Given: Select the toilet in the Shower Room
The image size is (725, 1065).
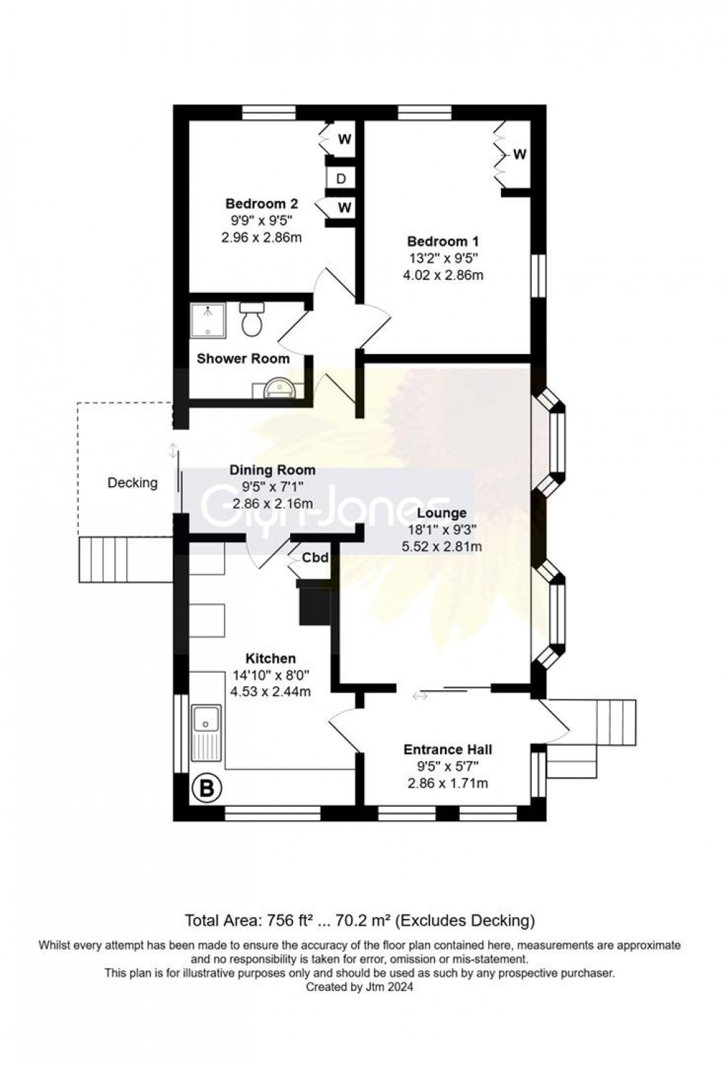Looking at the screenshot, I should click(252, 319).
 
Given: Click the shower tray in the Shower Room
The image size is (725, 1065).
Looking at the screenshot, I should click(208, 321).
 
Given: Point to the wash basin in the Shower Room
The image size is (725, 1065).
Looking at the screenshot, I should click(277, 388).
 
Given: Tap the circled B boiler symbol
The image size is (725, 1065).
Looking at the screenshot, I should click(207, 788).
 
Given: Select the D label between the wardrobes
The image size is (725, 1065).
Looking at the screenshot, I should click(340, 178).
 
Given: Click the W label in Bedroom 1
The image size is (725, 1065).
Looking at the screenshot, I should click(520, 154).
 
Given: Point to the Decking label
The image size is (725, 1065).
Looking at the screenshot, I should click(132, 483).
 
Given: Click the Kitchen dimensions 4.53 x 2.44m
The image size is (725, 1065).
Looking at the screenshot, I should click(271, 691).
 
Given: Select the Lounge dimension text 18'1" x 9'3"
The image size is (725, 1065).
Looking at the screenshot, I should click(441, 529).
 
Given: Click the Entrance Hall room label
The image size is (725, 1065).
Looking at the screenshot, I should click(447, 749).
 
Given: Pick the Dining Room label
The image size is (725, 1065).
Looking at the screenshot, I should click(272, 470).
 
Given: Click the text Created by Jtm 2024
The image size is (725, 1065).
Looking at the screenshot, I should click(359, 987).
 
